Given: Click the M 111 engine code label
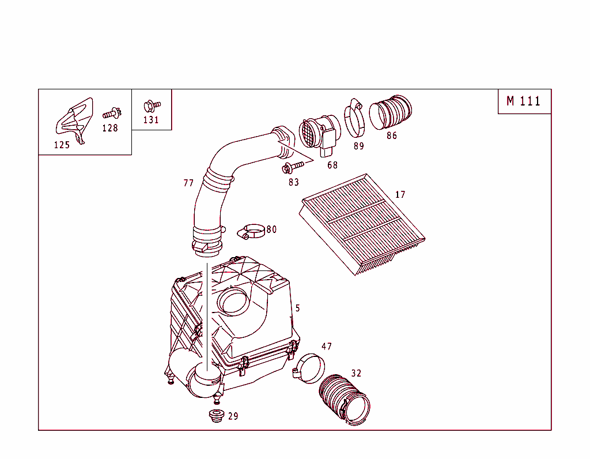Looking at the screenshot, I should point(524,101).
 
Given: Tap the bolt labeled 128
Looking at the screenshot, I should point(112,113).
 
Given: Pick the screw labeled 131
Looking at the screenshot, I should point(152,106).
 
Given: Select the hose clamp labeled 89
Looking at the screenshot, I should point(355,118).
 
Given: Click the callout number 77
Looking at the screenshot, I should point(188,183).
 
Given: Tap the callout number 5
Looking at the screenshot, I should point(297,308).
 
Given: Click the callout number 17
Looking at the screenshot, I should point(400,195).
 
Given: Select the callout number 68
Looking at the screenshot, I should point(332,165).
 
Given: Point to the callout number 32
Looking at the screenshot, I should point(356,374).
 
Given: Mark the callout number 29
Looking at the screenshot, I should point(233,416).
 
